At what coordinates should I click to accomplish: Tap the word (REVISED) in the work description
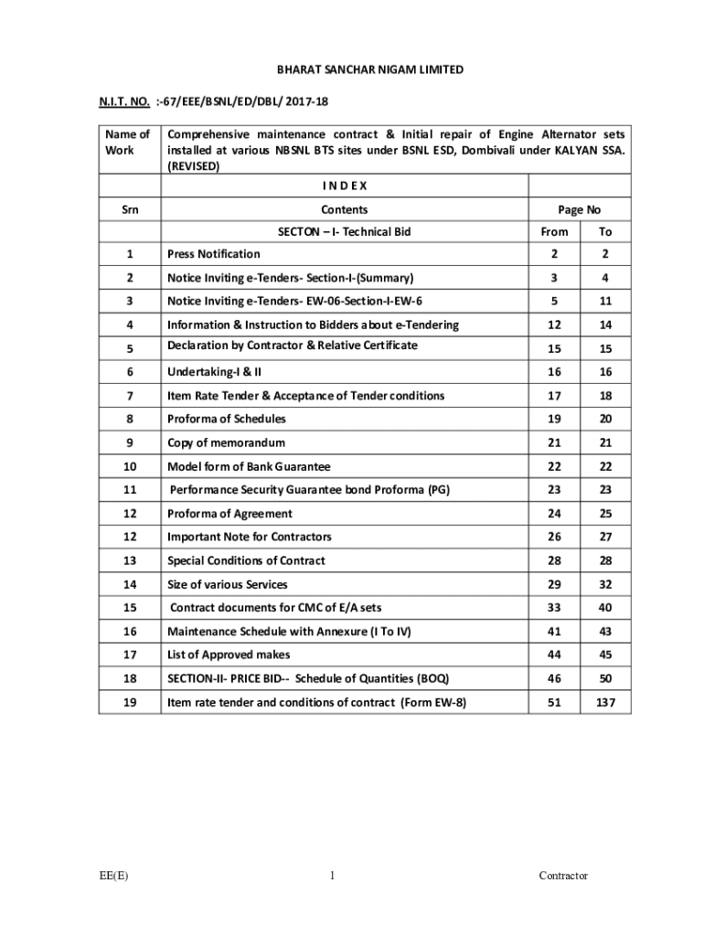(193, 166)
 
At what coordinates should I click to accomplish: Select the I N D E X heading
(345, 186)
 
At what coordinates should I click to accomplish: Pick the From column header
(554, 232)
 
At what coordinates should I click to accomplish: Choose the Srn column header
(130, 209)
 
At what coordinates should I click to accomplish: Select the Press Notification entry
(213, 254)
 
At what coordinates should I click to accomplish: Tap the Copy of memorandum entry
(226, 442)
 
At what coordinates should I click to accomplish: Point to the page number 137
(605, 702)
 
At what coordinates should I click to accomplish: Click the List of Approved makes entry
(229, 654)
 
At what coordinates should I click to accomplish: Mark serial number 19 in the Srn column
(130, 702)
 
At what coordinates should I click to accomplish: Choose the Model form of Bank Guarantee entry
(249, 466)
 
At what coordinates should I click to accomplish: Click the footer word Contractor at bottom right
(562, 876)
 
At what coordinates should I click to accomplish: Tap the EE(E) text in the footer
(114, 876)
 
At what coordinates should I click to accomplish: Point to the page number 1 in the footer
(333, 876)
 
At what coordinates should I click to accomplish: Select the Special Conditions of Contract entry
(246, 560)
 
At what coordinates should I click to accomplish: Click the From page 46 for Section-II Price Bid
(554, 678)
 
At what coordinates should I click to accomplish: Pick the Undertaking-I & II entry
(214, 372)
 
